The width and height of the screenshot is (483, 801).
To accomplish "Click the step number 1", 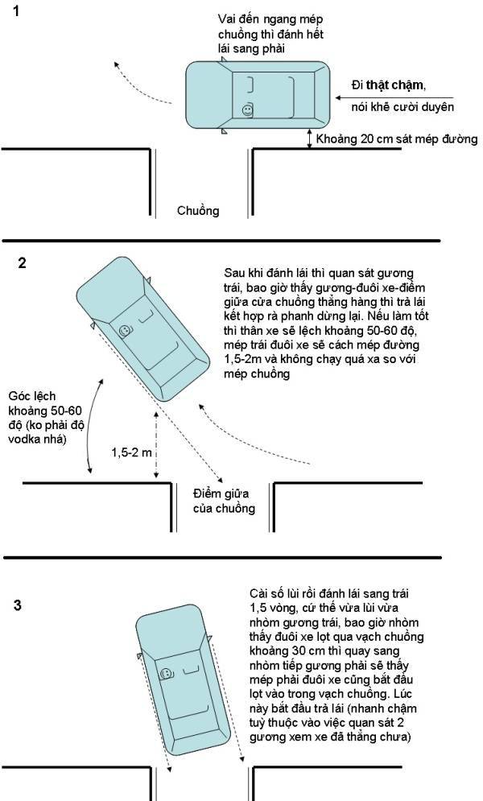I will [19, 14].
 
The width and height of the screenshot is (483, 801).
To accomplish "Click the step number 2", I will [22, 262].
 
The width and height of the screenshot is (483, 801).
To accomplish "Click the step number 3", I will [19, 606].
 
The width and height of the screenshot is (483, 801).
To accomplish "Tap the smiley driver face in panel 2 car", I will [126, 330].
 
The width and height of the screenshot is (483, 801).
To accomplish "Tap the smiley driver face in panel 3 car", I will [167, 673].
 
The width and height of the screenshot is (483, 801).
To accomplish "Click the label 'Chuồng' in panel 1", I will [198, 212].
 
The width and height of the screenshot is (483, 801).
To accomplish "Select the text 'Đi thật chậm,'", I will [389, 86].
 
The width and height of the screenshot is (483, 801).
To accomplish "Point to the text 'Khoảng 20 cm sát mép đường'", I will [397, 139].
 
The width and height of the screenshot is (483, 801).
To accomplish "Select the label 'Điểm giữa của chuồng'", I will [224, 500].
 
